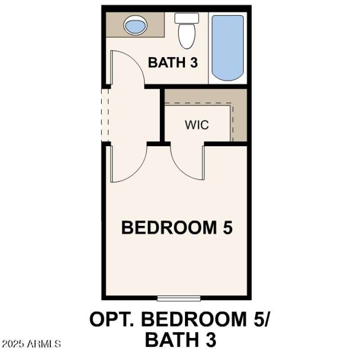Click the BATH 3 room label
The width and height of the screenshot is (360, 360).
point(173,63)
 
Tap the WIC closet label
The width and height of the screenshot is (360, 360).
point(197,125)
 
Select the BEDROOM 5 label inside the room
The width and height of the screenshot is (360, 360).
point(177,228)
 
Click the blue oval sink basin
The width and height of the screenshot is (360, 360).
point(135,25)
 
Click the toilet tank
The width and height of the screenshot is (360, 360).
point(187,18)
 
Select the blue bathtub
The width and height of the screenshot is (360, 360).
point(228,48)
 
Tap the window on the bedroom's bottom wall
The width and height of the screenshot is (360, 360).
point(179,298)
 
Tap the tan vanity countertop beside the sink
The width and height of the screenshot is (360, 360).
point(155,26)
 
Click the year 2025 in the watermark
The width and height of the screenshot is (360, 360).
point(13,344)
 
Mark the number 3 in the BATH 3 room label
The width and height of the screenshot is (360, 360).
point(193,63)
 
